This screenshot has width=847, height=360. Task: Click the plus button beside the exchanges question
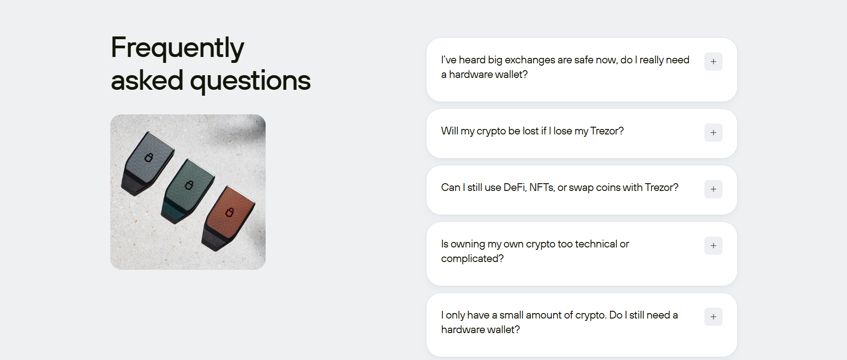[713, 62]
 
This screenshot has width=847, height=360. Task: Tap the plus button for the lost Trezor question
[713, 133]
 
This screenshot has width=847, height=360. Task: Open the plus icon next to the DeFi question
[713, 189]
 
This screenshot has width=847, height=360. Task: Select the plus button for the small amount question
[713, 317]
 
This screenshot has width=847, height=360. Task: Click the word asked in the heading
[147, 80]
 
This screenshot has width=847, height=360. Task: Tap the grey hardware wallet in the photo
[147, 163]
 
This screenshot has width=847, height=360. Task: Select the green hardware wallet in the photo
[187, 191]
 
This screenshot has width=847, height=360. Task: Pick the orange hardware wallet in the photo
[228, 218]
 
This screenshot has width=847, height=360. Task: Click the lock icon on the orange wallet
[230, 212]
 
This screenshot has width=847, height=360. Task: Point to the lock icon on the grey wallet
[149, 158]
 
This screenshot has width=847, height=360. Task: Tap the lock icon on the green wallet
[189, 185]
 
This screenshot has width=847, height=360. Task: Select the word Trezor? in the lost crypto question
[607, 131]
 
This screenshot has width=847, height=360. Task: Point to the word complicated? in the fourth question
[472, 259]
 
